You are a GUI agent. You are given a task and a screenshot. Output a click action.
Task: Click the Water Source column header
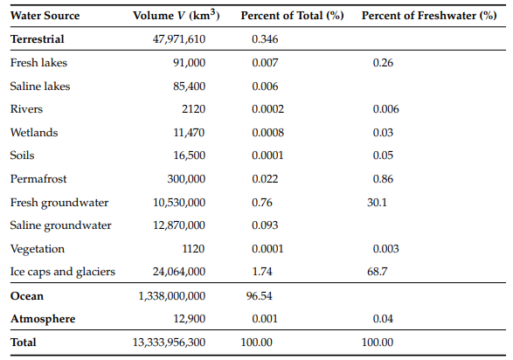point(45,16)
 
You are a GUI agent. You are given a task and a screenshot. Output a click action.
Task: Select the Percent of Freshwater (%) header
point(429,16)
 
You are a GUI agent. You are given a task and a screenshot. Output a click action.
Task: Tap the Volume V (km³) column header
point(176,15)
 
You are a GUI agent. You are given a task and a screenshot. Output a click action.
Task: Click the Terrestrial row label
point(38,39)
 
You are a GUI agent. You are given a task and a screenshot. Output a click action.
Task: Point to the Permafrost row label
point(38,179)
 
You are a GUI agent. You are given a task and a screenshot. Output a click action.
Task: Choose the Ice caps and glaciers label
point(63,272)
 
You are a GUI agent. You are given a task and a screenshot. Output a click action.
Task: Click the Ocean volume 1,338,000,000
point(172,296)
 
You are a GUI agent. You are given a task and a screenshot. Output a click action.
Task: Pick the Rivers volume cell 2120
point(193,109)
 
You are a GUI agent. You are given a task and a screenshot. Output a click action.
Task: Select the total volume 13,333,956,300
point(169,343)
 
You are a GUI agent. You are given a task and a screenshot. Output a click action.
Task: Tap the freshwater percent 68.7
point(378,272)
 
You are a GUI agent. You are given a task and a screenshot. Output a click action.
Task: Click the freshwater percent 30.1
point(377,203)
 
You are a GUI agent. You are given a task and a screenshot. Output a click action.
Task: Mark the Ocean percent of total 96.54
point(259,296)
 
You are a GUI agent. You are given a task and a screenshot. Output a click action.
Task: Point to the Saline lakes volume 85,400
point(189,87)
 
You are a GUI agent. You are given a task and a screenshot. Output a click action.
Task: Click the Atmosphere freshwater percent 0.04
point(383,319)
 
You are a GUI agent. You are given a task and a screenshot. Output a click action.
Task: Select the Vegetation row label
point(38,249)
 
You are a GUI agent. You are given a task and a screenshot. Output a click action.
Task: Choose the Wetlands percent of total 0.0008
point(267,133)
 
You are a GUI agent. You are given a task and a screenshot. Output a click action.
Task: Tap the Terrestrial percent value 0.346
point(265,39)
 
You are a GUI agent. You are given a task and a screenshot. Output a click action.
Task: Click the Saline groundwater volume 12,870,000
point(179,225)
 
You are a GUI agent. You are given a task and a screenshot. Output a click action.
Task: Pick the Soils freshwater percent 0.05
point(383,156)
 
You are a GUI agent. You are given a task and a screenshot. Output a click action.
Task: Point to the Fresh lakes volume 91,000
point(189,63)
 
